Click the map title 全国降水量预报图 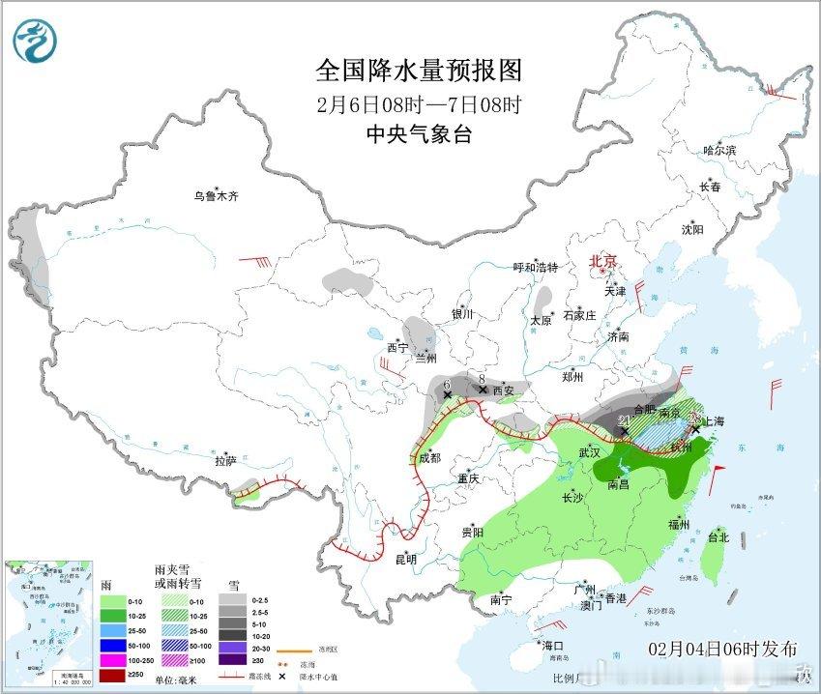(419, 71)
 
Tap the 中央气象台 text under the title (419, 135)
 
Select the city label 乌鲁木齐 (215, 196)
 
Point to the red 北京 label (603, 261)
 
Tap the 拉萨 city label (225, 461)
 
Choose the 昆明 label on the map (405, 559)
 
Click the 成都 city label (428, 458)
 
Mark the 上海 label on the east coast (716, 421)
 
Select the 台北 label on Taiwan (718, 536)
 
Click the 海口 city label (552, 645)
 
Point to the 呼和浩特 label (535, 268)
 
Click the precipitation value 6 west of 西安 (447, 384)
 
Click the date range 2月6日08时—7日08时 (419, 104)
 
